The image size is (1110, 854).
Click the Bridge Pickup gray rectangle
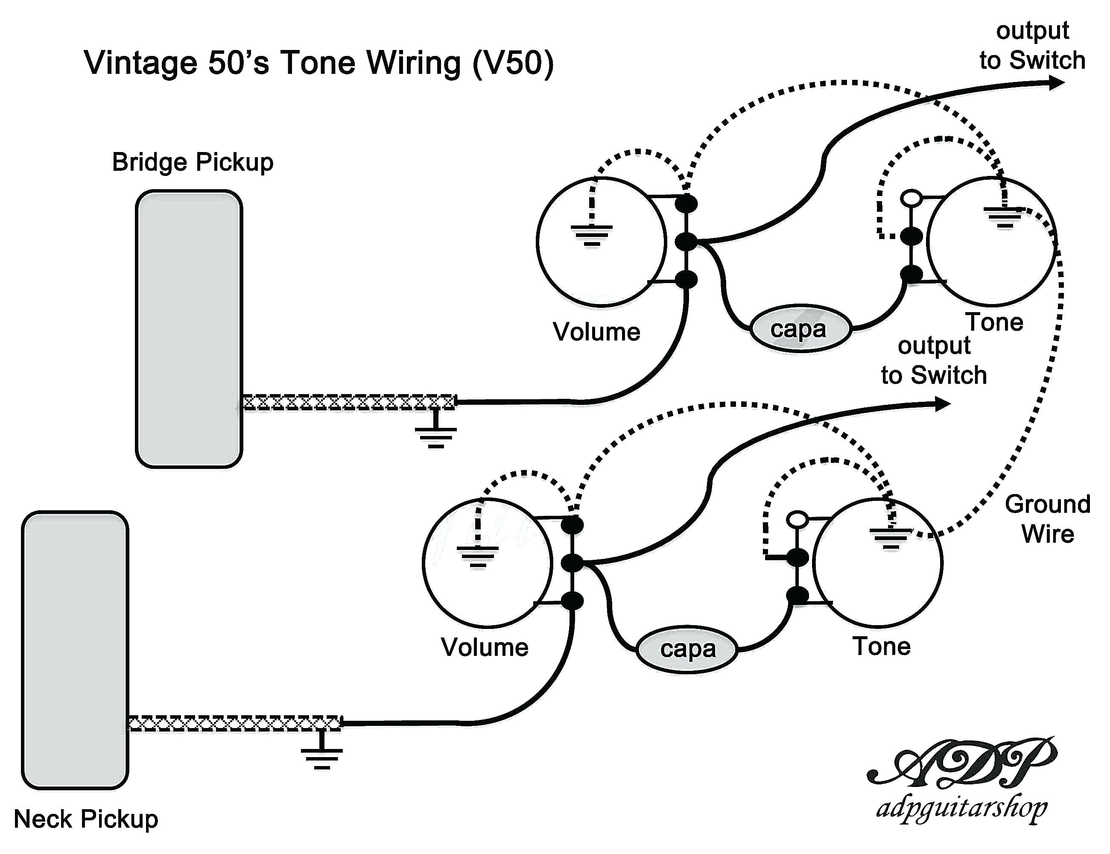point(189,329)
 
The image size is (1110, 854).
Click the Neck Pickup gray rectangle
point(75,649)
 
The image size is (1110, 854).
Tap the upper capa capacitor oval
point(800,329)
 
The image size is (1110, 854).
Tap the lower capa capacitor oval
point(686,649)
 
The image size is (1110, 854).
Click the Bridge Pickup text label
point(193,162)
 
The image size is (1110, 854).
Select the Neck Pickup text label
point(86,819)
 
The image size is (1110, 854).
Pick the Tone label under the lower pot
point(882,646)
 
